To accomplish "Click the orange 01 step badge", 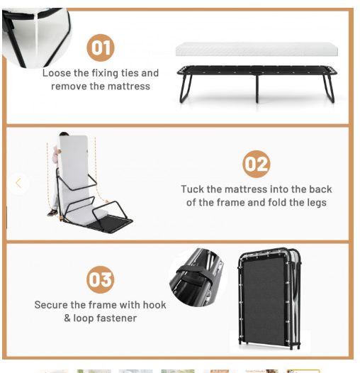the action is pyautogui.click(x=101, y=48).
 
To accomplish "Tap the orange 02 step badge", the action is pyautogui.click(x=256, y=164).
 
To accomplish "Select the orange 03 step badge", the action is pyautogui.click(x=101, y=279).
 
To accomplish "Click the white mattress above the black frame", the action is pyautogui.click(x=257, y=49).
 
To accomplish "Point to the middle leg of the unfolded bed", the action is pyautogui.click(x=257, y=89).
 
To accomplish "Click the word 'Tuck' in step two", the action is pyautogui.click(x=192, y=189).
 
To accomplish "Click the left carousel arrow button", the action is pyautogui.click(x=18, y=183).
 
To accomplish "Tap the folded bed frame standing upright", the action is pyautogui.click(x=270, y=299).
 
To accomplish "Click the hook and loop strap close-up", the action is pyautogui.click(x=198, y=277).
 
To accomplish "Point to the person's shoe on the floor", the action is pyautogui.click(x=52, y=213).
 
